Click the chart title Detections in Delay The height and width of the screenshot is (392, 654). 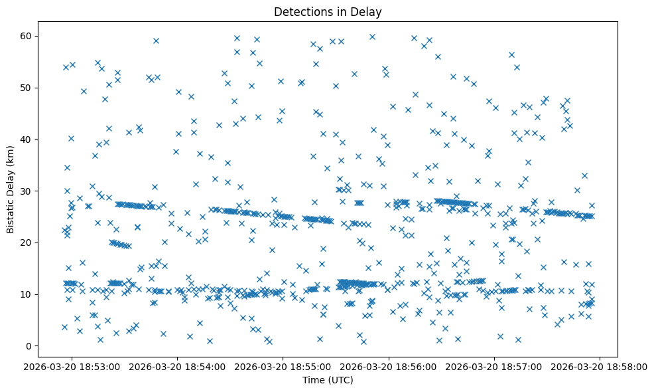tap(327, 11)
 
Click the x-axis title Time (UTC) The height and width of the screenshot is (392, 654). tap(327, 381)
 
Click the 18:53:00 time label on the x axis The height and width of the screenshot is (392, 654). tap(72, 366)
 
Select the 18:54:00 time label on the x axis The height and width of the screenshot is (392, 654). tap(178, 366)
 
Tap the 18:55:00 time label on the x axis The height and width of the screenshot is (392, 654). tap(283, 366)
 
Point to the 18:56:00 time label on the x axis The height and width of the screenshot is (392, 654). tap(389, 366)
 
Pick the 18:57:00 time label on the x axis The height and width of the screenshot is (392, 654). tap(494, 366)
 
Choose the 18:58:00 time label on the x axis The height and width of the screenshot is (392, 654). tap(600, 366)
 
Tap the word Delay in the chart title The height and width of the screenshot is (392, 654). tap(368, 11)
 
